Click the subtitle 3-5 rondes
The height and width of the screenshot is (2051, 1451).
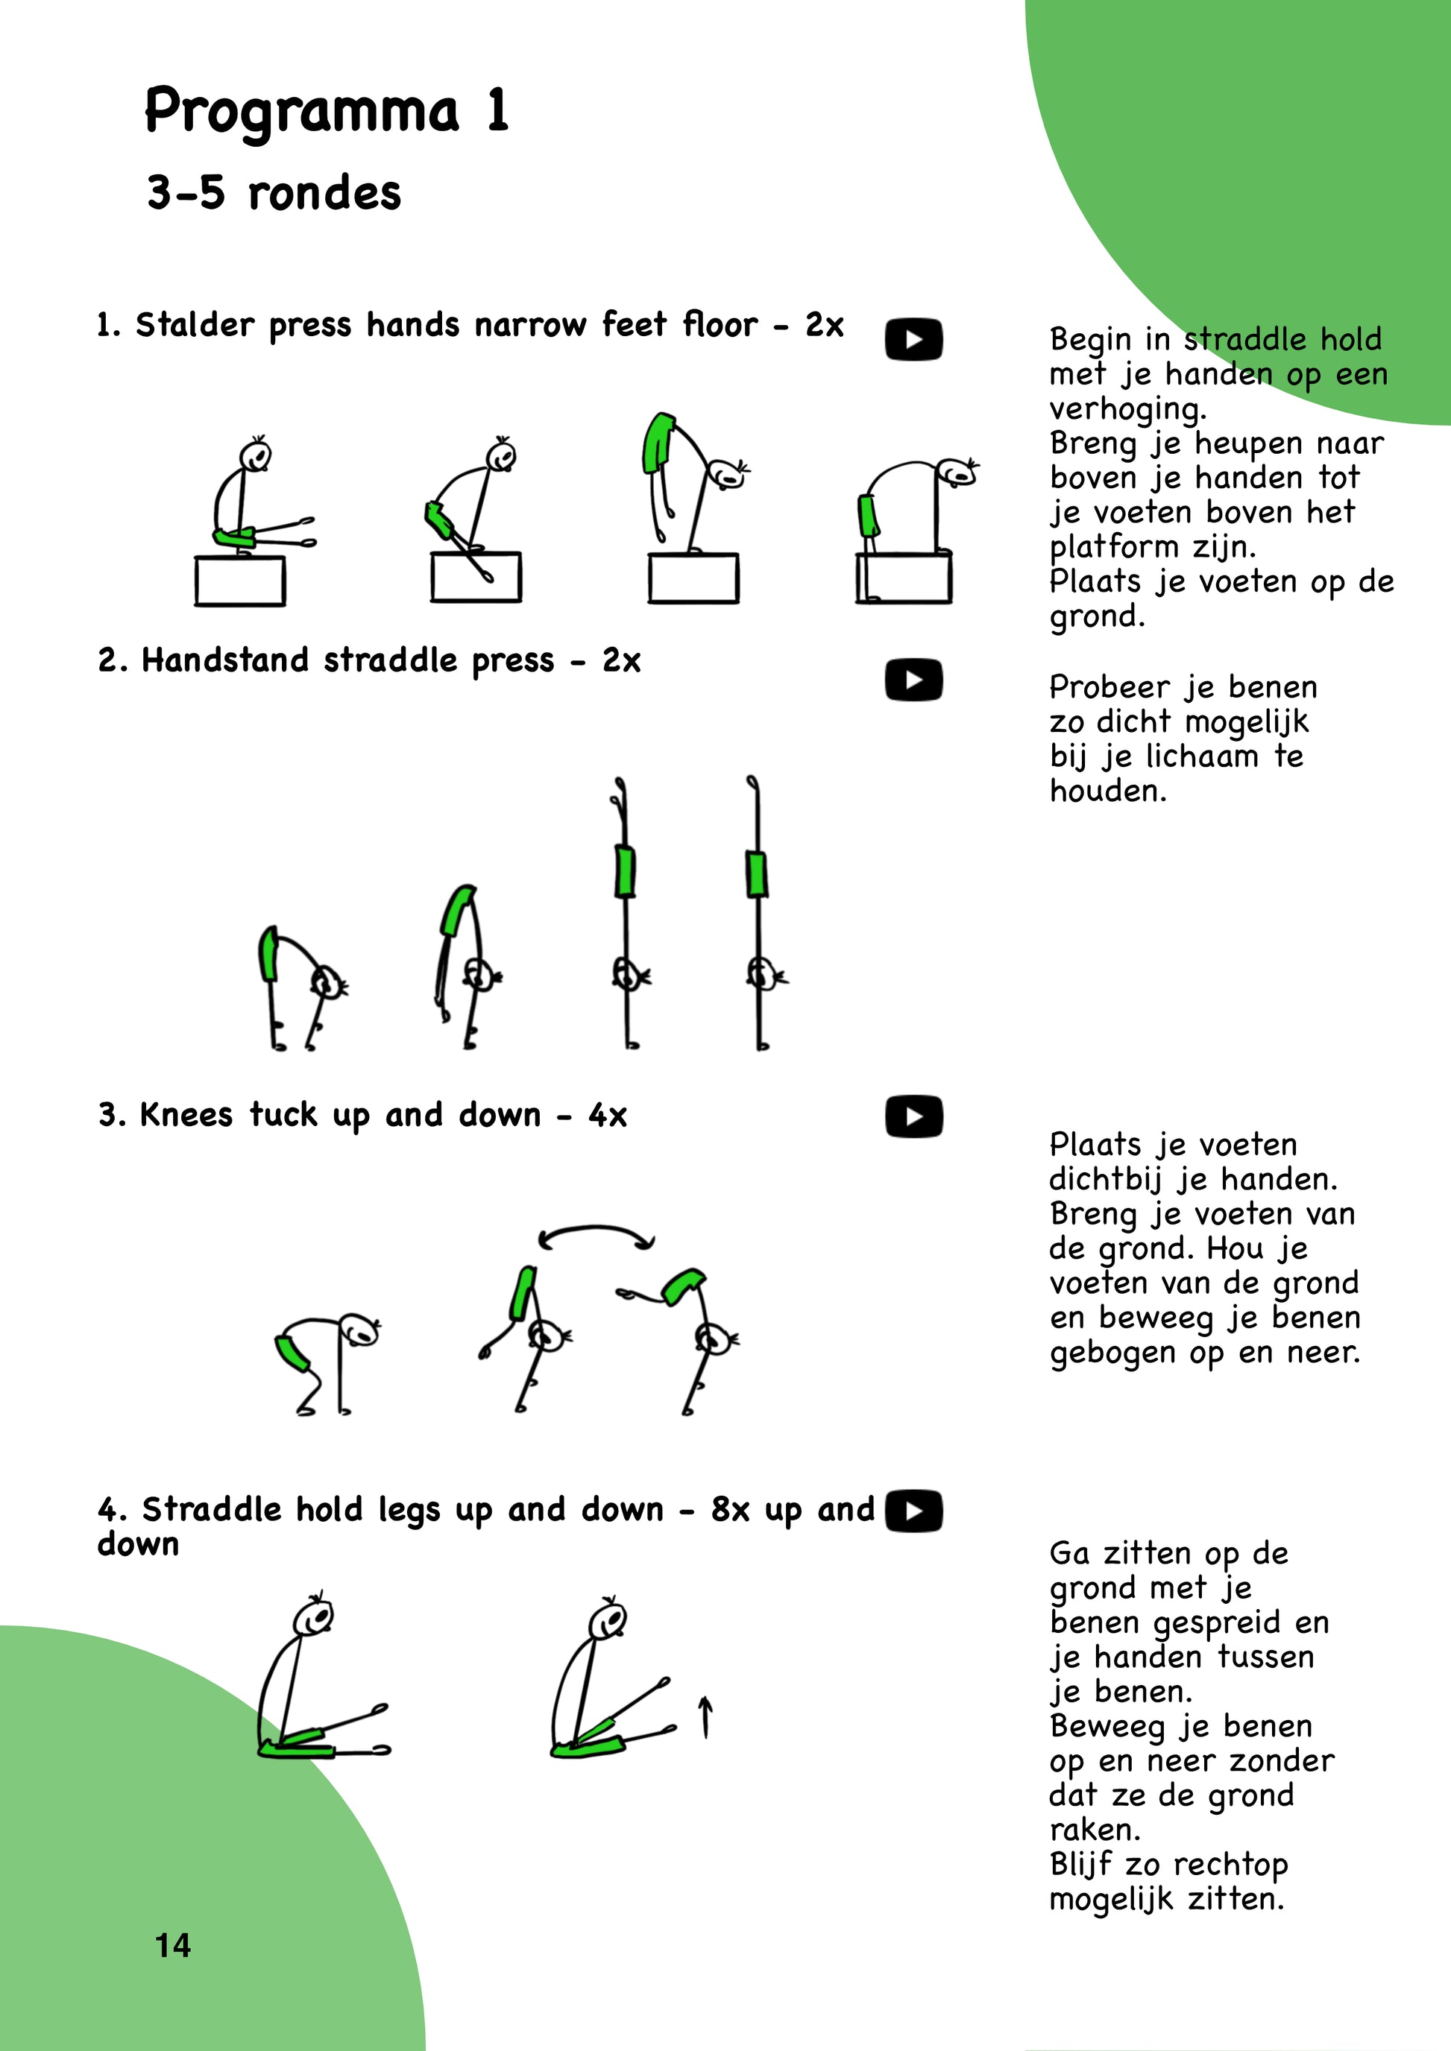pos(274,193)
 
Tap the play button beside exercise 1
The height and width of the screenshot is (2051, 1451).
pos(913,339)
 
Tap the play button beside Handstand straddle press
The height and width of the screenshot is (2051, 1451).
pos(913,680)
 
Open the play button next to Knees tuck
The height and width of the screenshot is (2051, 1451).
pos(913,1116)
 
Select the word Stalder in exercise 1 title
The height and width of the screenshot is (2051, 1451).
pos(194,324)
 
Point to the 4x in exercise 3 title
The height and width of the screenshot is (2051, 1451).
pos(608,1115)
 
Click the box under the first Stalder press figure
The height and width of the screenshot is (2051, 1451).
pos(240,581)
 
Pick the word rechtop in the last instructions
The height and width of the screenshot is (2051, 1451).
pos(1230,1865)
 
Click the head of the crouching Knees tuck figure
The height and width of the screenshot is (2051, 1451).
pos(359,1330)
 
